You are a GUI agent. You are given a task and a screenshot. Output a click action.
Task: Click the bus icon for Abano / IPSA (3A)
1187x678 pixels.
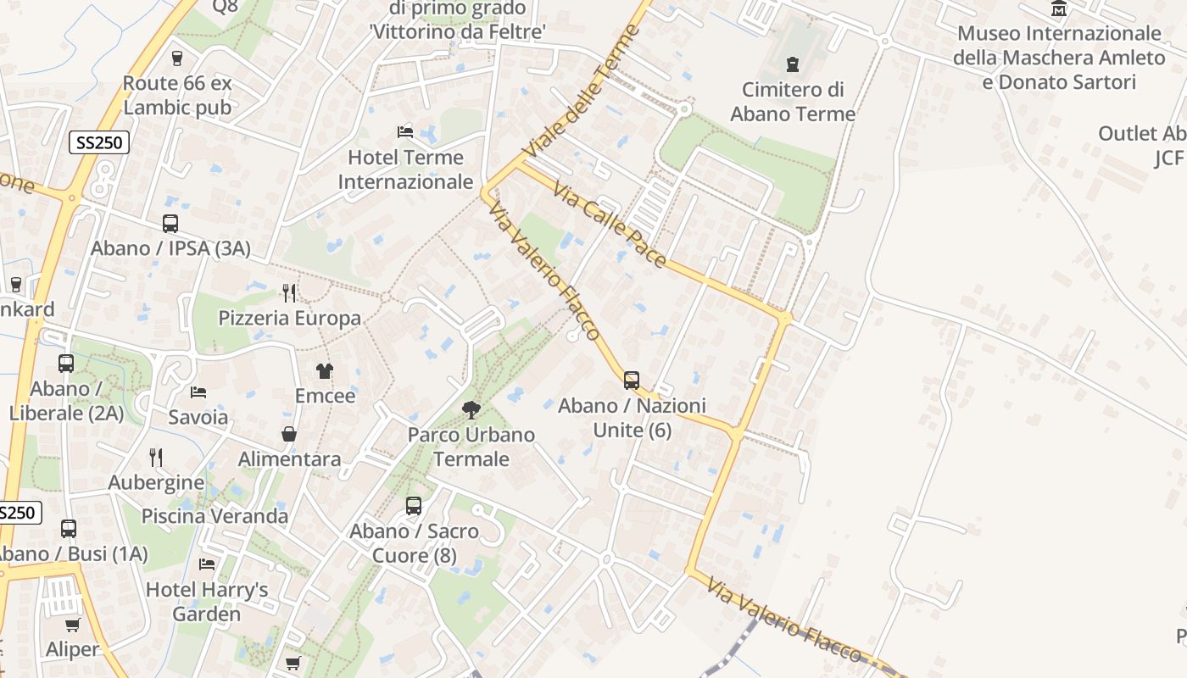(x=170, y=224)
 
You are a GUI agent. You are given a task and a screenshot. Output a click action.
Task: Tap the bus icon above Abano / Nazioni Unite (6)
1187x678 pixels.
(x=632, y=381)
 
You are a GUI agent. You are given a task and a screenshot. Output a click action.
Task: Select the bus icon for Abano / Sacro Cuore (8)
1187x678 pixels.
(x=414, y=506)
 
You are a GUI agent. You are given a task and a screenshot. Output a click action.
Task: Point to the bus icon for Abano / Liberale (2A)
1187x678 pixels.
(x=66, y=364)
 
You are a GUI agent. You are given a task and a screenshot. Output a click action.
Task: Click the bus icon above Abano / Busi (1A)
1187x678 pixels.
(x=69, y=529)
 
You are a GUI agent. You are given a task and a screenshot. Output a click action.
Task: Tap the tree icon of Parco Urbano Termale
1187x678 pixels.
(x=471, y=410)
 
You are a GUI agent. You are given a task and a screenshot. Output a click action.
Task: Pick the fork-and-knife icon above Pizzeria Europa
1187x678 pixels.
(x=289, y=293)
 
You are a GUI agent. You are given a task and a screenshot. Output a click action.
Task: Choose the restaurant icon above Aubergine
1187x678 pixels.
(x=156, y=458)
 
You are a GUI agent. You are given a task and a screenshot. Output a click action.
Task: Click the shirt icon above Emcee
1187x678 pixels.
(x=325, y=371)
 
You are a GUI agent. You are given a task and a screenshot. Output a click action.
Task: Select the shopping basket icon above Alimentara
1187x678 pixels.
(x=289, y=434)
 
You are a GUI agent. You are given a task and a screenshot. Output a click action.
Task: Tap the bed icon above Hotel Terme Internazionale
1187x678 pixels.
(x=405, y=132)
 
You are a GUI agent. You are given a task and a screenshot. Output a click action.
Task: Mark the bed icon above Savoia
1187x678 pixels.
(x=198, y=392)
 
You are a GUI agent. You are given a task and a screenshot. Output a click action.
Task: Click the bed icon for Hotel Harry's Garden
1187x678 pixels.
(x=207, y=564)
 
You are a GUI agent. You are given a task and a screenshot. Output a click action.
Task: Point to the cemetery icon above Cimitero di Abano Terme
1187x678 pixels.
(x=793, y=64)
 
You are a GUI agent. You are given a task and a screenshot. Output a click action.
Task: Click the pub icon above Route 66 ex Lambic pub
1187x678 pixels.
(x=177, y=58)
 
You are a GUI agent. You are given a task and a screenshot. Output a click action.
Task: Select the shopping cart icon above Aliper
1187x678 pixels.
(x=73, y=625)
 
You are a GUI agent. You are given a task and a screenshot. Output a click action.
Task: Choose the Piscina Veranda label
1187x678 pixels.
(x=215, y=516)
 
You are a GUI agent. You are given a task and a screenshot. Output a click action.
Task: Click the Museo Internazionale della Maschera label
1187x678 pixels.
(x=1059, y=46)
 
